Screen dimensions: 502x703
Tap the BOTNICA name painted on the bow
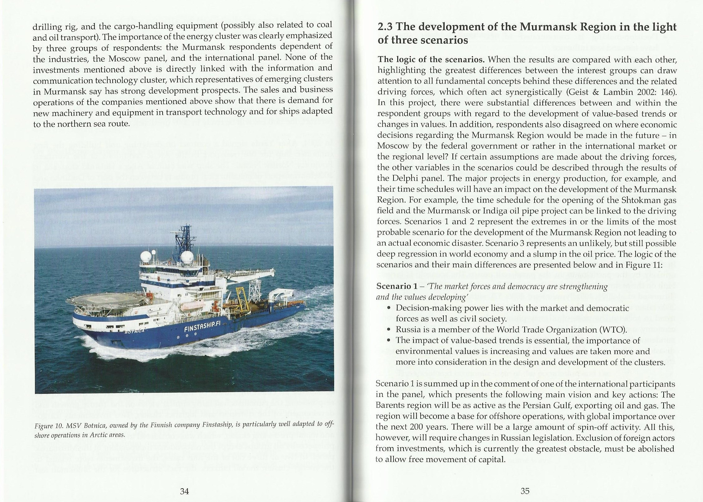point(133,331)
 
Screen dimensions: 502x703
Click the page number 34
point(184,491)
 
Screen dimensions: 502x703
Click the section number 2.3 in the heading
point(385,27)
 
